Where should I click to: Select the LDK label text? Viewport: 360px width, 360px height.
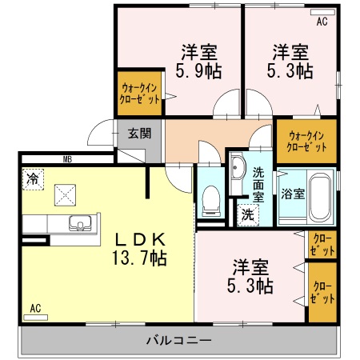click(139, 239)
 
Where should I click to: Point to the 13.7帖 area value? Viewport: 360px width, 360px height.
click(139, 258)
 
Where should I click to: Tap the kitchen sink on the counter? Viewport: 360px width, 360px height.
click(78, 222)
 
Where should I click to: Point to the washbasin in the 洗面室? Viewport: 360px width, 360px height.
click(238, 169)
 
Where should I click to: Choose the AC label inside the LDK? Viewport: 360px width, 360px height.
click(35, 307)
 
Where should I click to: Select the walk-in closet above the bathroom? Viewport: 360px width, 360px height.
click(307, 141)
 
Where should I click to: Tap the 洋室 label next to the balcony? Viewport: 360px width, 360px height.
click(250, 266)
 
